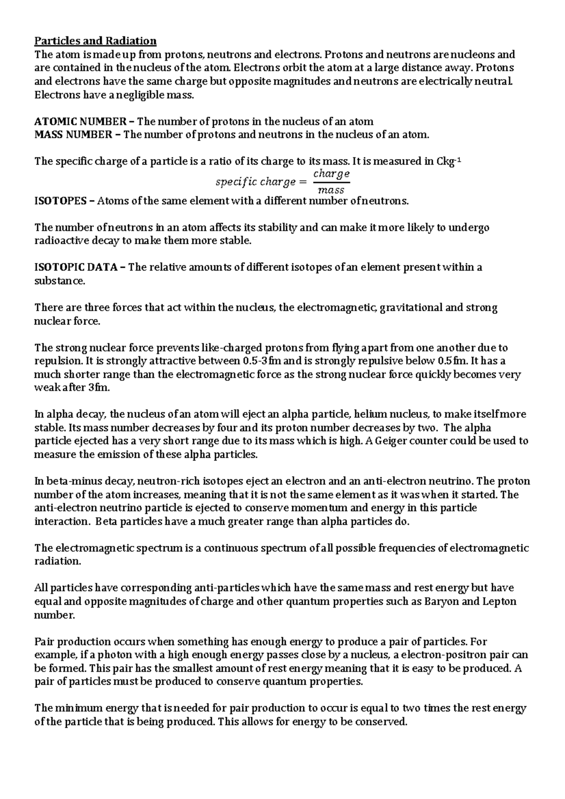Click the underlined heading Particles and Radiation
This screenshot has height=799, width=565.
(x=96, y=41)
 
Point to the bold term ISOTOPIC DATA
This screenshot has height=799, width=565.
(x=77, y=268)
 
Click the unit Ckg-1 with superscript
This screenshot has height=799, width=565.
(x=450, y=161)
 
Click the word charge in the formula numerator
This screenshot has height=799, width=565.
(x=331, y=174)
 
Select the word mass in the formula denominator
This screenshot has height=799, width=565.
(x=331, y=191)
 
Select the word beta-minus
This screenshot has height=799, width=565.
(x=66, y=481)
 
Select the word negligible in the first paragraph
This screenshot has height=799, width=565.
(x=141, y=95)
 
